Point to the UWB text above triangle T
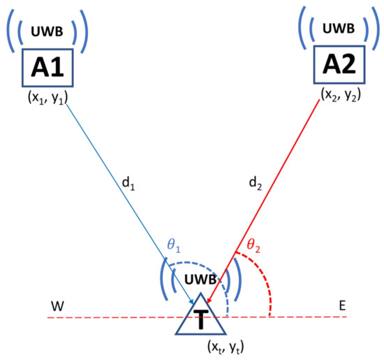(x=200, y=280)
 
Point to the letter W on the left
(x=55, y=307)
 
